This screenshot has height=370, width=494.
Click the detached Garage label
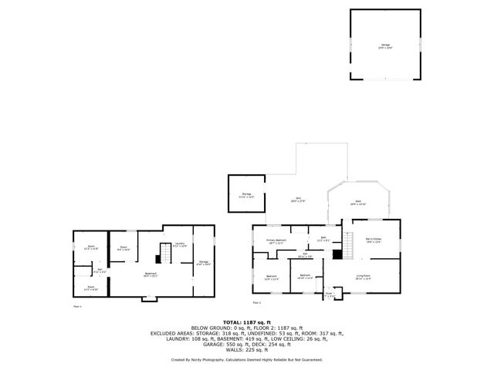(385, 46)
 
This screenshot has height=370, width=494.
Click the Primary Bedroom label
(276, 241)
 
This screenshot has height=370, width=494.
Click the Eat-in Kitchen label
(374, 241)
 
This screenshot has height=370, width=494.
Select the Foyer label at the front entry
(329, 294)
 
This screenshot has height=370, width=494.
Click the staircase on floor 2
(348, 247)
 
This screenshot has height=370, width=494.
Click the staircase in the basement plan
(163, 253)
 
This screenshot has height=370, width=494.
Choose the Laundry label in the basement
(179, 246)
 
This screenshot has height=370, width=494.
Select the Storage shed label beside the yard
(246, 195)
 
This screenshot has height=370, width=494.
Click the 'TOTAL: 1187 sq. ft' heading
(247, 321)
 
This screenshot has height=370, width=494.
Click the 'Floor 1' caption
(76, 306)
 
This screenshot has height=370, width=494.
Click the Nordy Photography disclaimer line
(247, 359)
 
